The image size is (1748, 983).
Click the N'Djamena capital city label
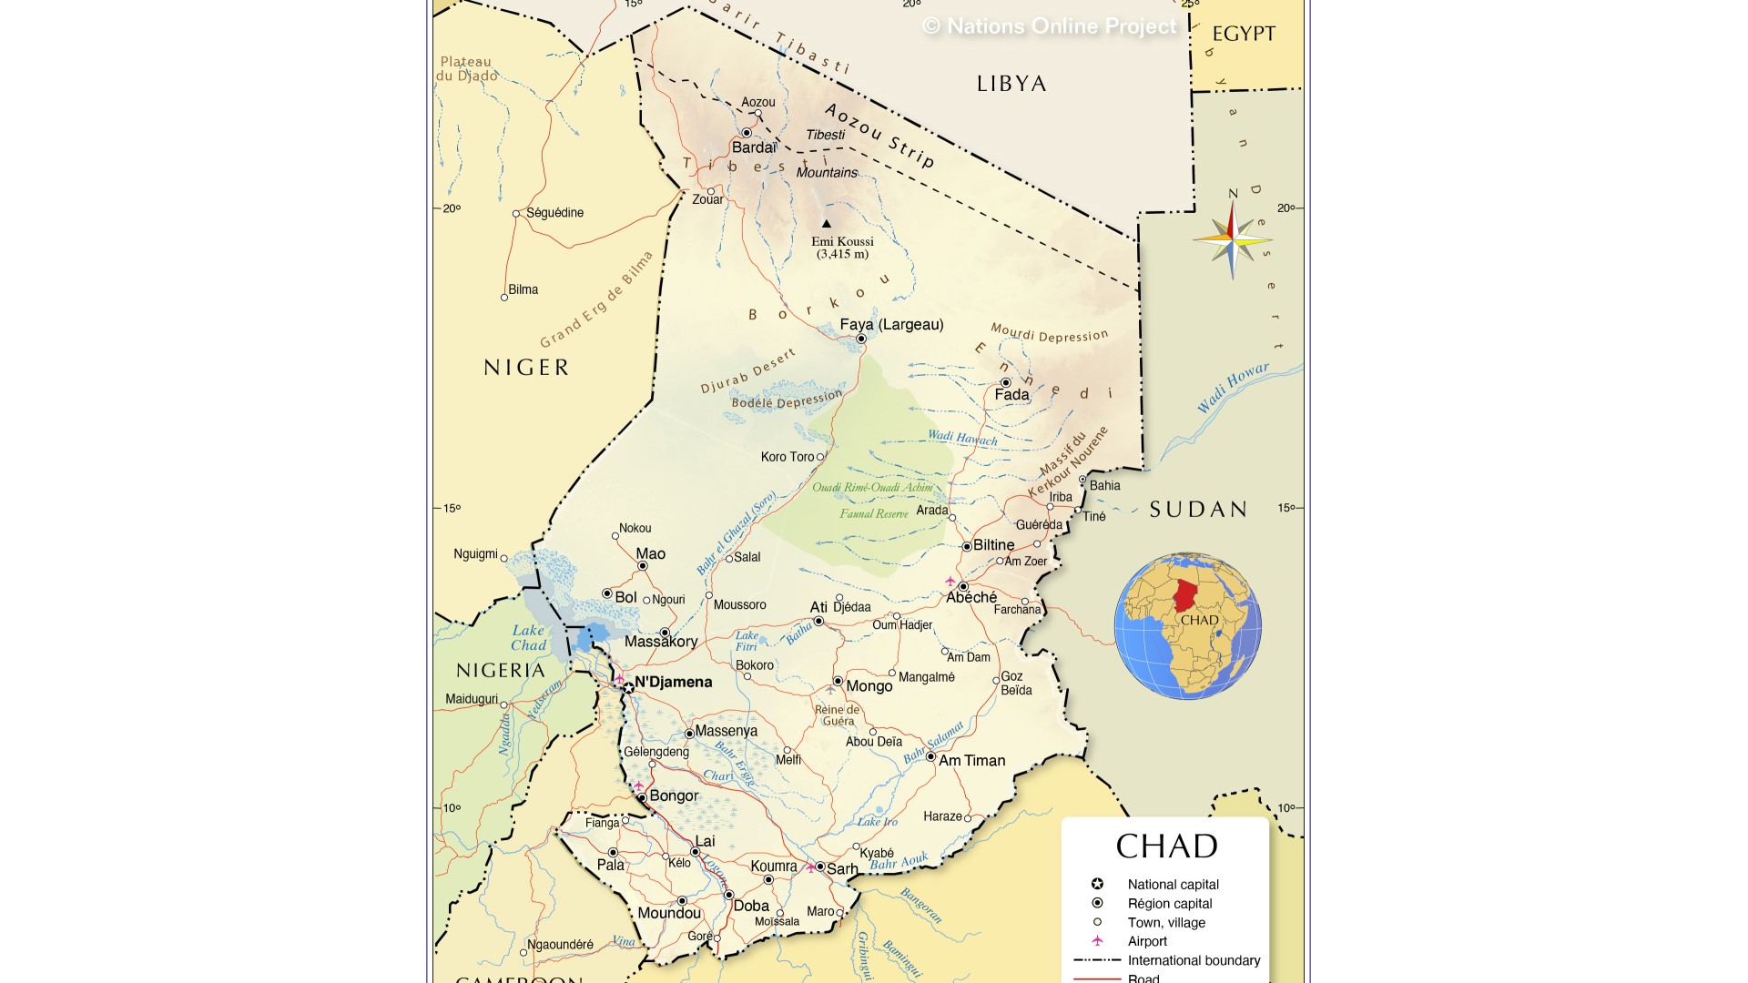pyautogui.click(x=673, y=683)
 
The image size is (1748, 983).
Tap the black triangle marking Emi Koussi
pyautogui.click(x=827, y=223)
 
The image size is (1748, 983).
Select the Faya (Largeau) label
pyautogui.click(x=891, y=325)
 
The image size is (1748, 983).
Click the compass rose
pyautogui.click(x=1232, y=240)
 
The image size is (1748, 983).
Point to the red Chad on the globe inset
pyautogui.click(x=1185, y=596)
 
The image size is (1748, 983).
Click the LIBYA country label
pyautogui.click(x=1011, y=84)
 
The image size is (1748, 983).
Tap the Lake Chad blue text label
pyautogui.click(x=528, y=637)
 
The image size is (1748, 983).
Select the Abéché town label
pyautogui.click(x=971, y=598)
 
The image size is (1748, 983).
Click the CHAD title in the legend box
pyautogui.click(x=1166, y=846)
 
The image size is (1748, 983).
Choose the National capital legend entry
pyautogui.click(x=1173, y=885)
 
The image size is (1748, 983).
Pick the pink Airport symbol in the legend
pyautogui.click(x=1097, y=941)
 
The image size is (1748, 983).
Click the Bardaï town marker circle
pyautogui.click(x=747, y=133)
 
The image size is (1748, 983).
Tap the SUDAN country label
pyautogui.click(x=1198, y=510)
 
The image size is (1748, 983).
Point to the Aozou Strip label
pyautogui.click(x=879, y=136)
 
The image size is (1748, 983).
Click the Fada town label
pyautogui.click(x=1011, y=395)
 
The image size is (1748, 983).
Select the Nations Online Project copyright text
pyautogui.click(x=1050, y=26)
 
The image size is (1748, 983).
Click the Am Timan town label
pyautogui.click(x=971, y=761)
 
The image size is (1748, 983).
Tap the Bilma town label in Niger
pyautogui.click(x=523, y=289)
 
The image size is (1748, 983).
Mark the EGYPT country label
pyautogui.click(x=1244, y=34)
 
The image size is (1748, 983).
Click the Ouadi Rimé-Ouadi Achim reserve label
pyautogui.click(x=872, y=488)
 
